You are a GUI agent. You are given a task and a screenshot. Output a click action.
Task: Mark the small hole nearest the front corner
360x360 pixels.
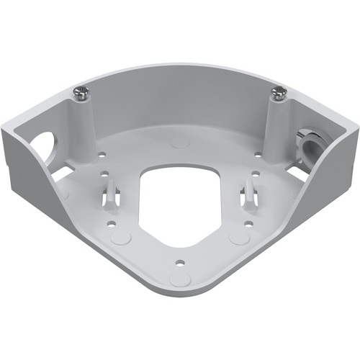click(x=179, y=261)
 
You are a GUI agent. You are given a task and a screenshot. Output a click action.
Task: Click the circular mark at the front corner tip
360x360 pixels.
click(x=180, y=279)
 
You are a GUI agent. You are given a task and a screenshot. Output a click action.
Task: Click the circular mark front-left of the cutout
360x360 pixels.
click(x=123, y=237)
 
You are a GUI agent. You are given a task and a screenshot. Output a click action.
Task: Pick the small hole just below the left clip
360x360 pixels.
click(x=112, y=223)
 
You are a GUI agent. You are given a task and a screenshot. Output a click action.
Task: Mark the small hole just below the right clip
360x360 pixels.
click(x=248, y=222)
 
